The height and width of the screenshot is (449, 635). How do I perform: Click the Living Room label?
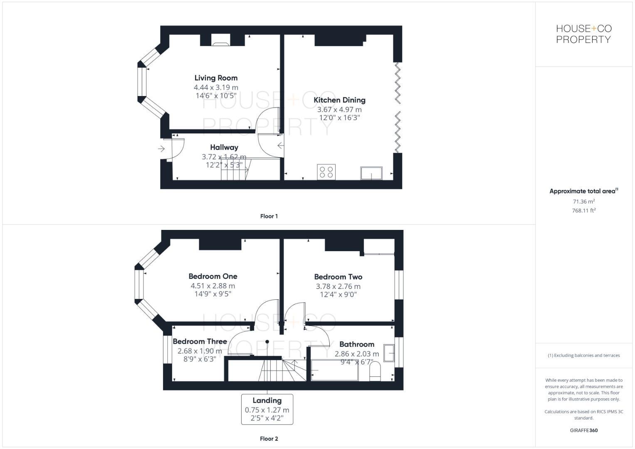tap(216, 78)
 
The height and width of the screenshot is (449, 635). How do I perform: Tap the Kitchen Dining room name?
tap(339, 100)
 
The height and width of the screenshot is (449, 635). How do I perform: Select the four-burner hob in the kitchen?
tap(326, 172)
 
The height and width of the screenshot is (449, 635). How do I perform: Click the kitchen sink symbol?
tap(371, 173)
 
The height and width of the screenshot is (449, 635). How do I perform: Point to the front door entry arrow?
tap(161, 148)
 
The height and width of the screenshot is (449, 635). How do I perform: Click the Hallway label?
tap(224, 147)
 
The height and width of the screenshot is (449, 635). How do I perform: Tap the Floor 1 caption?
tap(269, 216)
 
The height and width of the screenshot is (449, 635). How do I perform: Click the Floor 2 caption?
tap(269, 439)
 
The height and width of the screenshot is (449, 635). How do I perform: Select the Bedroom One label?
tap(212, 276)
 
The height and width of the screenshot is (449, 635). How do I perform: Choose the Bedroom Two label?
tap(338, 276)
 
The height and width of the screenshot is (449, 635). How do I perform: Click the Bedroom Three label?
tap(200, 341)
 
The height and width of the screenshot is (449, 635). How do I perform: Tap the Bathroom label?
tap(356, 344)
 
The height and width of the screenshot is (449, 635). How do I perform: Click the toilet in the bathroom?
tap(375, 371)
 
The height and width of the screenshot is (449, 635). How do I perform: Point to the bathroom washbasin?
tap(389, 353)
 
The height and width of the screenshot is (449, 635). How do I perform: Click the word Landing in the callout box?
tap(267, 400)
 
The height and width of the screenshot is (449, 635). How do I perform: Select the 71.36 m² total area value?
tap(583, 202)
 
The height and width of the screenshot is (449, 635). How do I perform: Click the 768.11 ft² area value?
tap(583, 211)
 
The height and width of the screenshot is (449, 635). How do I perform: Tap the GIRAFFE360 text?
tap(583, 430)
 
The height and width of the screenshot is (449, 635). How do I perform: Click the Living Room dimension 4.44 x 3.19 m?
tap(216, 87)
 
